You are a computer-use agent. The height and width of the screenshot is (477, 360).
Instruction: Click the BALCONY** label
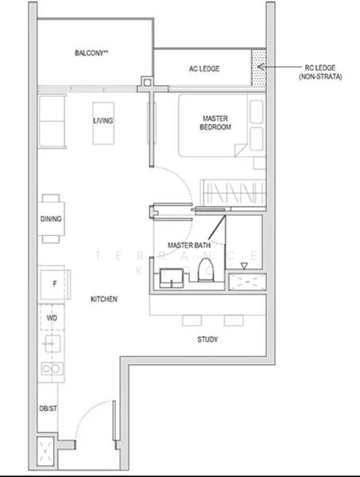92,53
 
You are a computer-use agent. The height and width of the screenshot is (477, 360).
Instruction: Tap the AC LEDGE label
204,68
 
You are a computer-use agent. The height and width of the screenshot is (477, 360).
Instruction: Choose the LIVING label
103,121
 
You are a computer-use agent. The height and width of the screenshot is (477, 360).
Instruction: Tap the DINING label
51,219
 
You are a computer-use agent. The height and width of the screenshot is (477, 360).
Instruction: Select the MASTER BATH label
189,246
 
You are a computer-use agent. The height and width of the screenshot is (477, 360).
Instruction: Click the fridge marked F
53,283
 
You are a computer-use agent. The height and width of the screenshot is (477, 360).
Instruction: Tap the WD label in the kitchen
52,317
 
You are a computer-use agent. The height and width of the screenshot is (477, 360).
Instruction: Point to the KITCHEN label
104,299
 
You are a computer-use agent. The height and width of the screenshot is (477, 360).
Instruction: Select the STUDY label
208,339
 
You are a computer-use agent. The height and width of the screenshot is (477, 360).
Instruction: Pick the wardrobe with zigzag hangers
230,192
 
